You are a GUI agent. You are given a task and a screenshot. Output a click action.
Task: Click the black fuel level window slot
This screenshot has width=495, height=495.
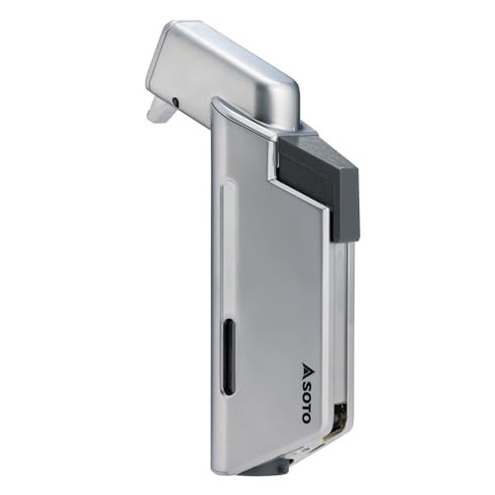pyautogui.click(x=228, y=356)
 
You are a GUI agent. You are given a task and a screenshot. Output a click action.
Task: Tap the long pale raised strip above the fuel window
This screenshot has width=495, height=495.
pyautogui.click(x=227, y=247)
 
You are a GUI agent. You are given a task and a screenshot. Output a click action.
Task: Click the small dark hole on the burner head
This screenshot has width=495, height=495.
pyautogui.click(x=175, y=102)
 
